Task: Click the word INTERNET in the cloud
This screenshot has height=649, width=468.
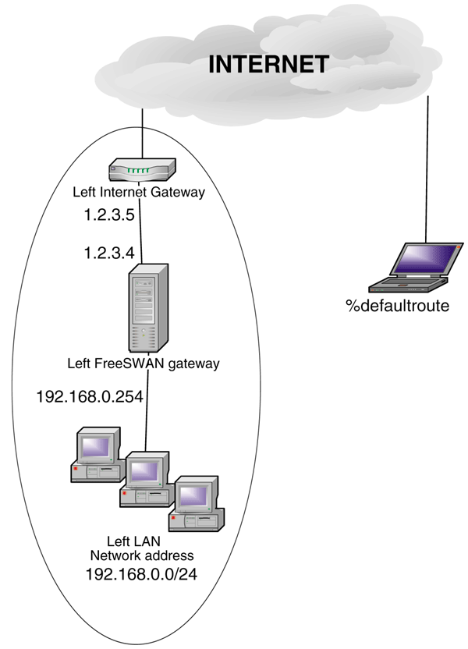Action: tap(268, 64)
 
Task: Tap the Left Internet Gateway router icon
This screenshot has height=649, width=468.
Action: tap(142, 168)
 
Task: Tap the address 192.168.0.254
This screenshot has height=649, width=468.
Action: tap(90, 397)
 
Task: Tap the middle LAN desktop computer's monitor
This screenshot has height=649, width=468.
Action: tap(145, 470)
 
